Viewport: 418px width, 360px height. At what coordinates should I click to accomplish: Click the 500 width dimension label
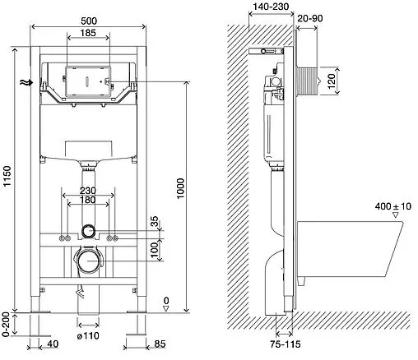(89, 21)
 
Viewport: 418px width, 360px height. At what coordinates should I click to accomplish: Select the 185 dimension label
(88, 33)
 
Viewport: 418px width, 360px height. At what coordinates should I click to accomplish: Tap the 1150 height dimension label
(7, 176)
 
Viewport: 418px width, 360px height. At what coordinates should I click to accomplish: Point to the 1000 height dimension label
(180, 188)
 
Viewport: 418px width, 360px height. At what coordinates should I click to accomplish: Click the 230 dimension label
(88, 190)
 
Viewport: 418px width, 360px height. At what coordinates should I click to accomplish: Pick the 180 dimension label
(88, 200)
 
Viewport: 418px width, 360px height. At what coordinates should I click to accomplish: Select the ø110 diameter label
(88, 335)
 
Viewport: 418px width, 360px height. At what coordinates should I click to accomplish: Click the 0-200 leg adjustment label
(6, 325)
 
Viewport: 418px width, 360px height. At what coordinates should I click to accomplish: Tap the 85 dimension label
(160, 344)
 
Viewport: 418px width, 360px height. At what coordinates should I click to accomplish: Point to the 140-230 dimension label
(271, 7)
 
